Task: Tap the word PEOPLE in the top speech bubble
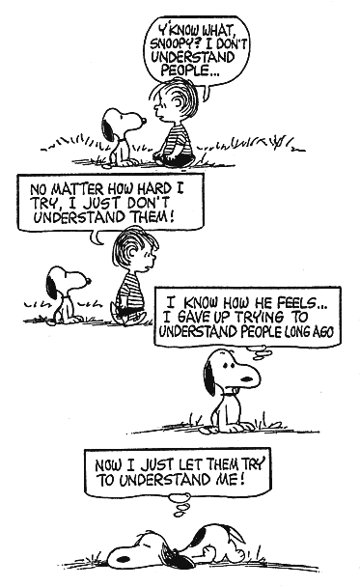click(184, 70)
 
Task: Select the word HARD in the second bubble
click(154, 188)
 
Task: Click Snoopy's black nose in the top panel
click(144, 120)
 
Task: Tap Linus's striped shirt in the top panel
click(179, 139)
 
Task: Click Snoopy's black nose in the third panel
click(247, 378)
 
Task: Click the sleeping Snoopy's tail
click(236, 533)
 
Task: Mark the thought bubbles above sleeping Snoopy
click(180, 504)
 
